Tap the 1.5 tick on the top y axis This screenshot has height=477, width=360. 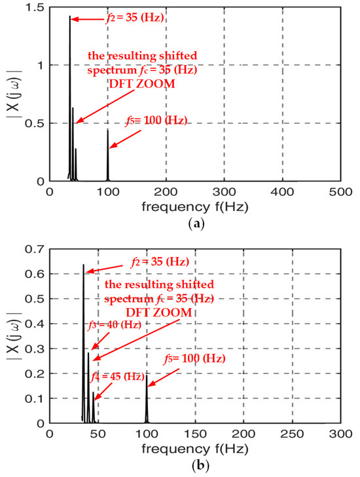point(37,6)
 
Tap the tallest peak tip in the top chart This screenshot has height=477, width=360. point(69,16)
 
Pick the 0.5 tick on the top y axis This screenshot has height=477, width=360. point(37,123)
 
